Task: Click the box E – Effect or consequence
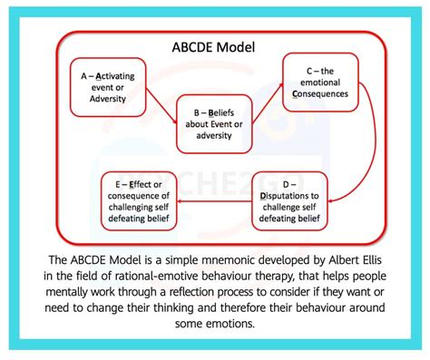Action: coord(137,202)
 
